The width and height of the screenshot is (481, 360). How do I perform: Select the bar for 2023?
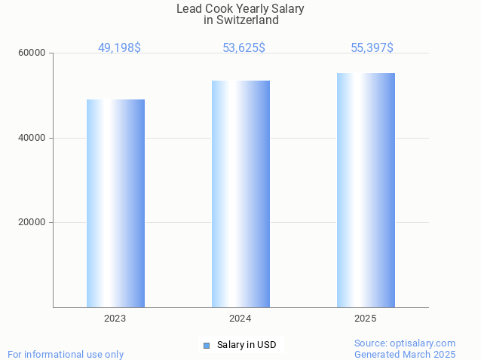coord(115,203)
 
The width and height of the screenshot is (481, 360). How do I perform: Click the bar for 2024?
coord(240,194)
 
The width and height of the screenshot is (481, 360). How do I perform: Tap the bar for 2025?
coord(366,190)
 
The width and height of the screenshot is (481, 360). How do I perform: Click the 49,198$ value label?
coord(119,48)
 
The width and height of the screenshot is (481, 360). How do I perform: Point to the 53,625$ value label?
coord(244,48)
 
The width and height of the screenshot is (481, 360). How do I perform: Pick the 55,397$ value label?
coord(372,48)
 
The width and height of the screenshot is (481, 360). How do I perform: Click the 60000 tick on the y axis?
coord(32,53)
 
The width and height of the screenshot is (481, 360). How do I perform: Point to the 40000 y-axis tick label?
coord(32,139)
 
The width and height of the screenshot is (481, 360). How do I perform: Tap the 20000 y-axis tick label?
coord(32,223)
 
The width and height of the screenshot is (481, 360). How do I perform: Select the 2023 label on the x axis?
coord(115,319)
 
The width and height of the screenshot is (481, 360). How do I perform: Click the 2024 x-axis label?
coord(240,319)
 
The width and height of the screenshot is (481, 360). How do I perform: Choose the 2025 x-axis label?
coord(366,319)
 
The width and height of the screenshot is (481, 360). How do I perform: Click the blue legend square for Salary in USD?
coord(206,345)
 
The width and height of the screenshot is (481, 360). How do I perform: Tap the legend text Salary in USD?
coord(246,345)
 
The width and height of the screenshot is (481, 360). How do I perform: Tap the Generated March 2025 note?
coord(405,354)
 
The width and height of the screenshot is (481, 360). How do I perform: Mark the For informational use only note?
coord(66,354)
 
